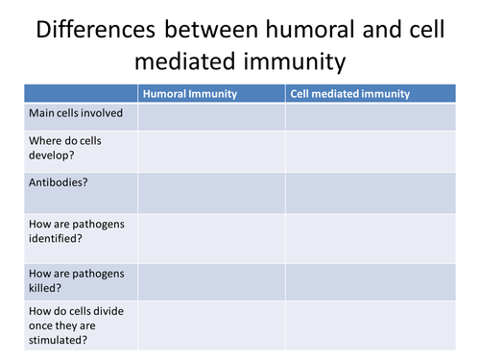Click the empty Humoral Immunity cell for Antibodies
pyautogui.click(x=211, y=193)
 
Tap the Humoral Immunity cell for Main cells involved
pyautogui.click(x=211, y=117)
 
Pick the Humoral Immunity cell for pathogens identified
pyautogui.click(x=211, y=238)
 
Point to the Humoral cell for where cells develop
pyautogui.click(x=211, y=152)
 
